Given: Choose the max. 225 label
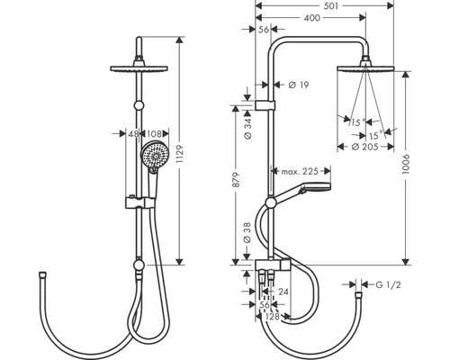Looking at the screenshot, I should click(301, 171).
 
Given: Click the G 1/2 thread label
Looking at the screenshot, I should click(391, 286).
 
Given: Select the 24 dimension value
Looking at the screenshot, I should click(283, 292).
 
